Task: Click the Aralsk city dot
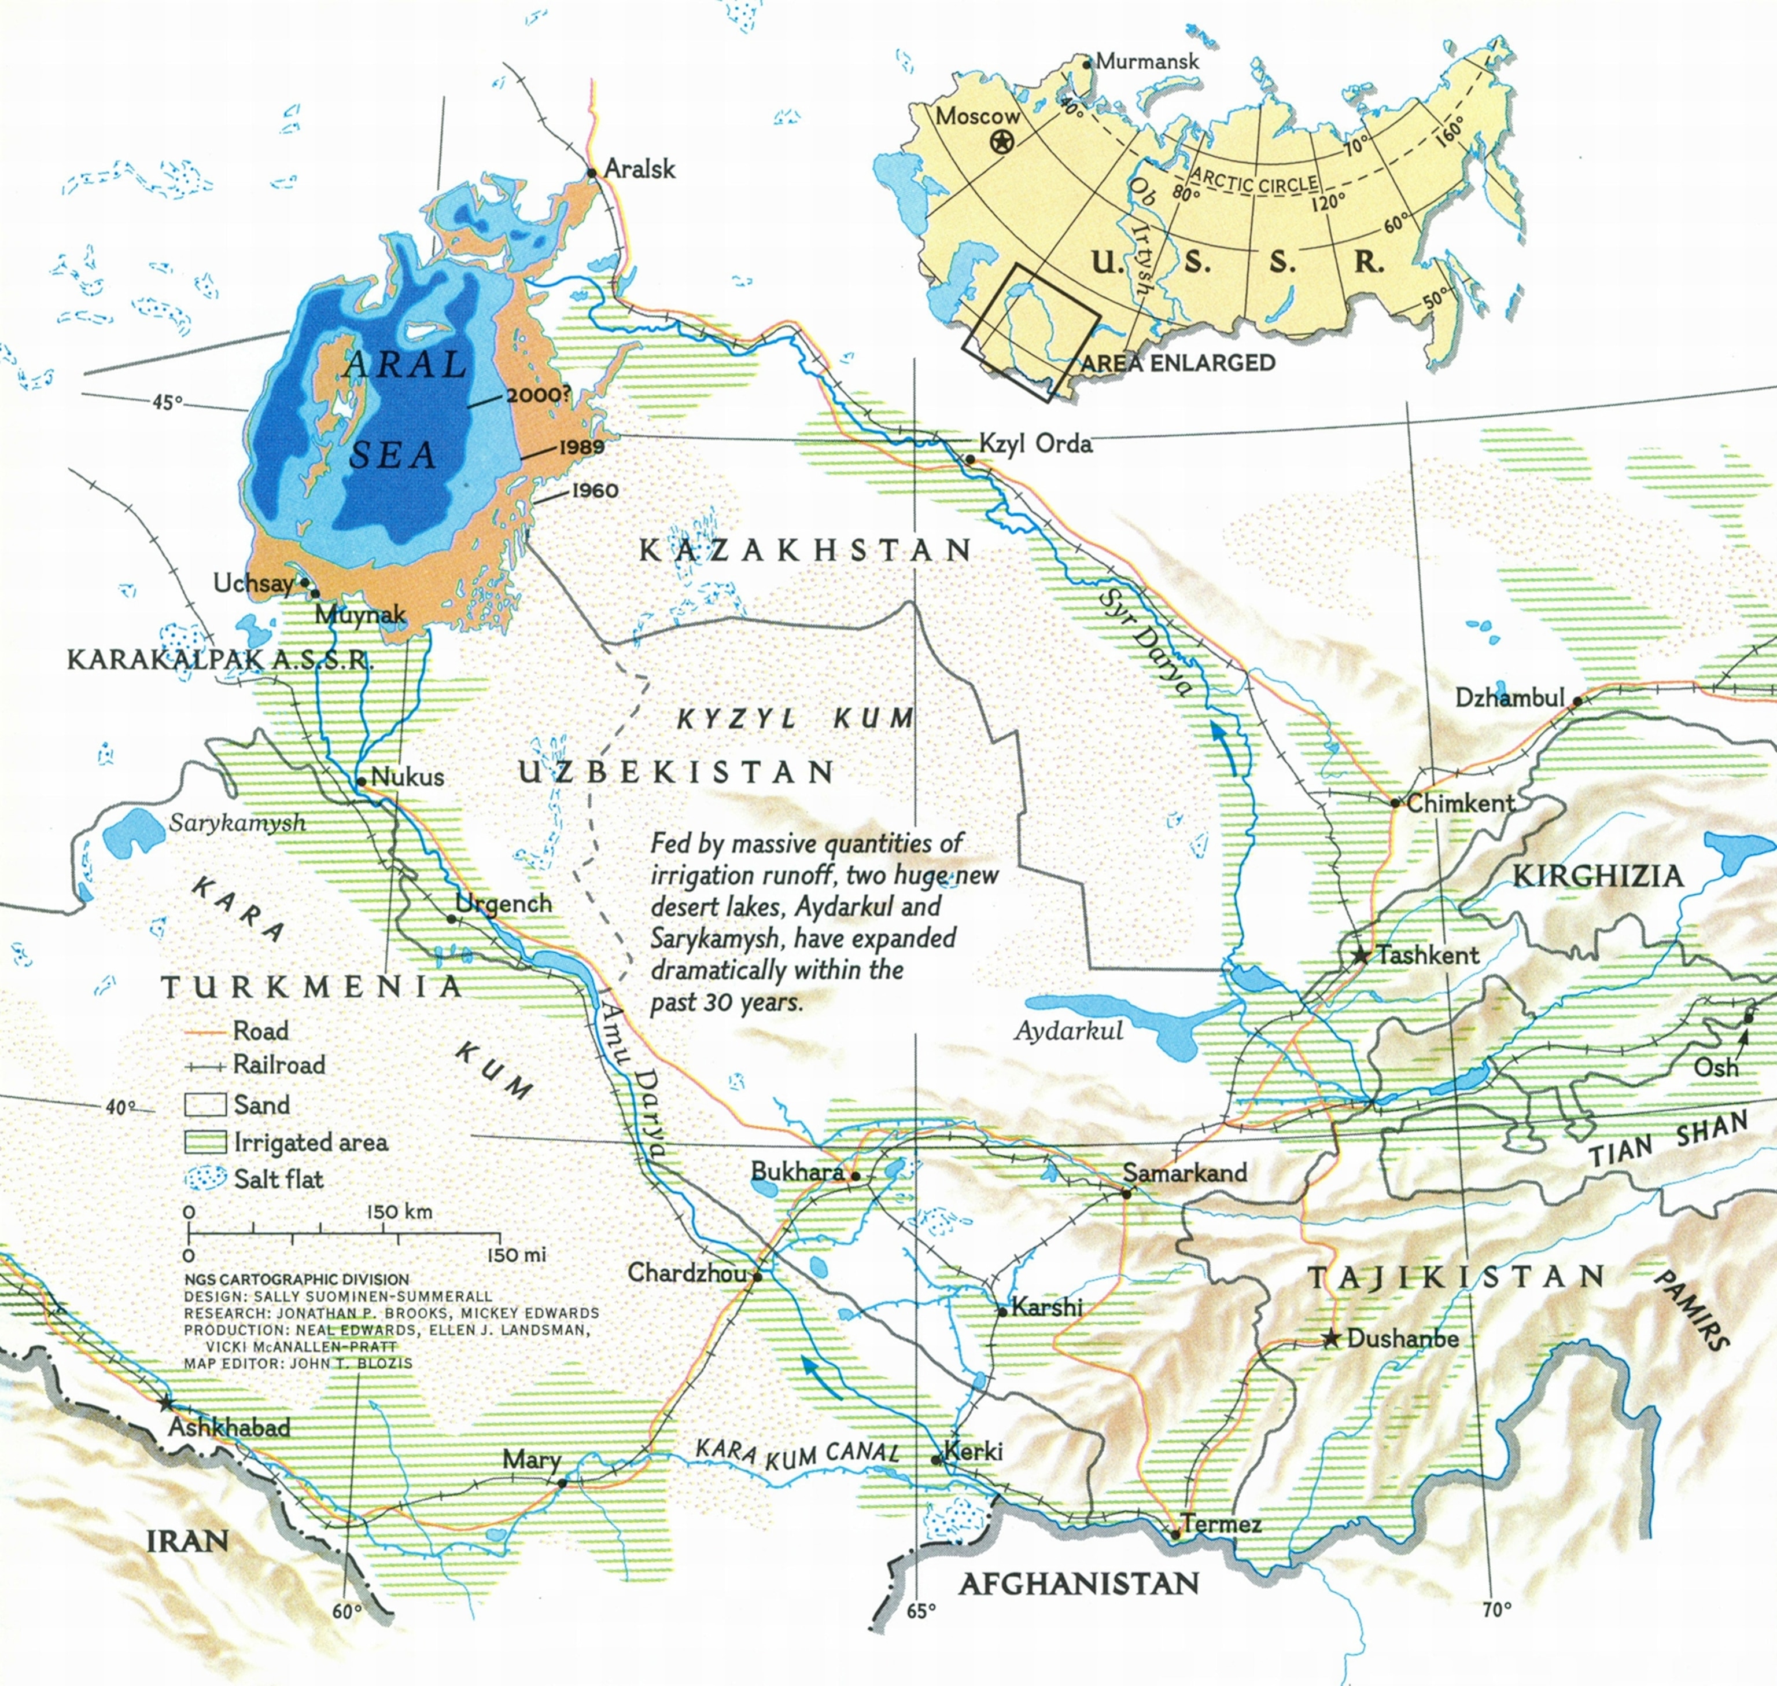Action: tap(592, 172)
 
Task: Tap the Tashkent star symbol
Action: tap(1361, 956)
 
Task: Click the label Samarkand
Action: tap(1184, 1172)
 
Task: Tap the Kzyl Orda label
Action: tap(1035, 444)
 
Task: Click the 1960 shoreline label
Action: tap(594, 491)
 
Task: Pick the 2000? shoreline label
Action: tap(538, 395)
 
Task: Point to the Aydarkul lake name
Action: tap(1068, 1031)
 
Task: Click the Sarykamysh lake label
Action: tap(237, 822)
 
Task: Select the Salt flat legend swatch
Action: tap(204, 1179)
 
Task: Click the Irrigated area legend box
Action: tap(204, 1143)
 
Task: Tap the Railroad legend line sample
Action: tap(204, 1067)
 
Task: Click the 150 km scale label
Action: tap(399, 1211)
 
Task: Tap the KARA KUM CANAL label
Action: tap(797, 1452)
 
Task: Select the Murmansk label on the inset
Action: tap(1147, 61)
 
